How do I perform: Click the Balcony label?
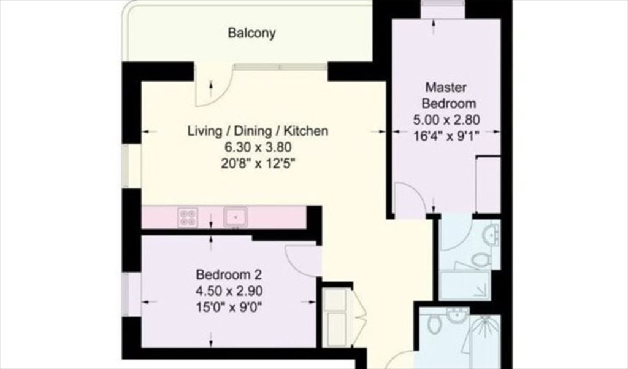tap(251, 33)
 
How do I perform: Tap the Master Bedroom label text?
tap(448, 95)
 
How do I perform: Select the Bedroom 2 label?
tap(229, 274)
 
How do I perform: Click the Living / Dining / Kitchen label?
tap(258, 131)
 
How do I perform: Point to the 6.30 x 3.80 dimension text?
tap(258, 147)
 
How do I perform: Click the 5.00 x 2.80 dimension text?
tap(446, 120)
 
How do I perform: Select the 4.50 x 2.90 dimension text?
tap(229, 291)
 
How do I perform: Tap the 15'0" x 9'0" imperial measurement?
tap(229, 307)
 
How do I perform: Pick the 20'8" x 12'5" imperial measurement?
tap(258, 164)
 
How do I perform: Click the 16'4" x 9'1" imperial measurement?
tap(446, 136)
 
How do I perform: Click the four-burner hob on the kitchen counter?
tap(188, 217)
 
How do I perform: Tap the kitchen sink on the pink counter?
tap(235, 217)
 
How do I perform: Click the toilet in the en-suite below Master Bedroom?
tap(481, 259)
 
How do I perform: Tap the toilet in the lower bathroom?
tap(434, 322)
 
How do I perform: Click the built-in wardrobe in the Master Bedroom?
tap(488, 184)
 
